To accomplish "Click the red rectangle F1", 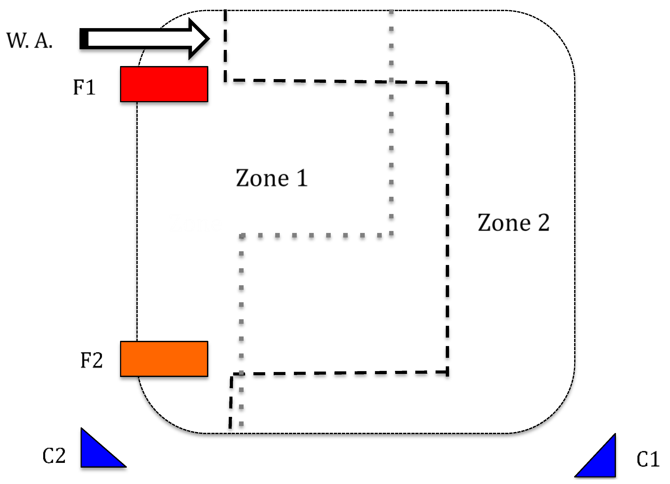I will pos(164,84).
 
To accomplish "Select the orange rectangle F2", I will pos(164,359).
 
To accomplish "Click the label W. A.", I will pos(30,41).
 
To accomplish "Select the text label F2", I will pos(92,360).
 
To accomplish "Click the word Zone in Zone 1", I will pos(262,178).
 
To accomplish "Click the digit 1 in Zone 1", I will pos(302,178).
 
